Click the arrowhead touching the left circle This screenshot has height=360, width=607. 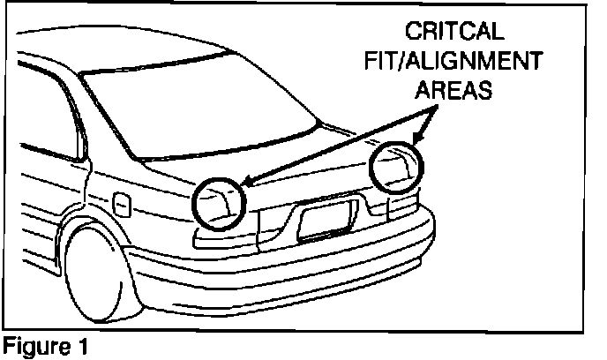coord(245,183)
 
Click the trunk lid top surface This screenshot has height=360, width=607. coord(282,168)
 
